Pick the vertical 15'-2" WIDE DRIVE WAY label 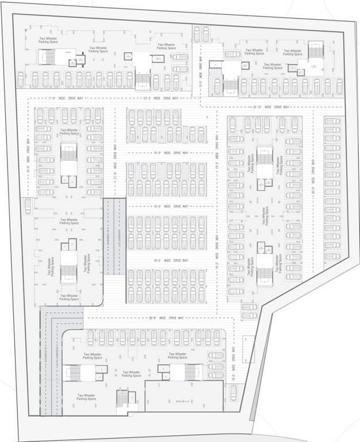(201, 74)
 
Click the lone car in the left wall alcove (28, 205)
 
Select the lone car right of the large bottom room (233, 393)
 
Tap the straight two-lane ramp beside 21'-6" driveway (114, 236)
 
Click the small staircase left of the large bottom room (122, 398)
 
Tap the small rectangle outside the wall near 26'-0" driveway (248, 345)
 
